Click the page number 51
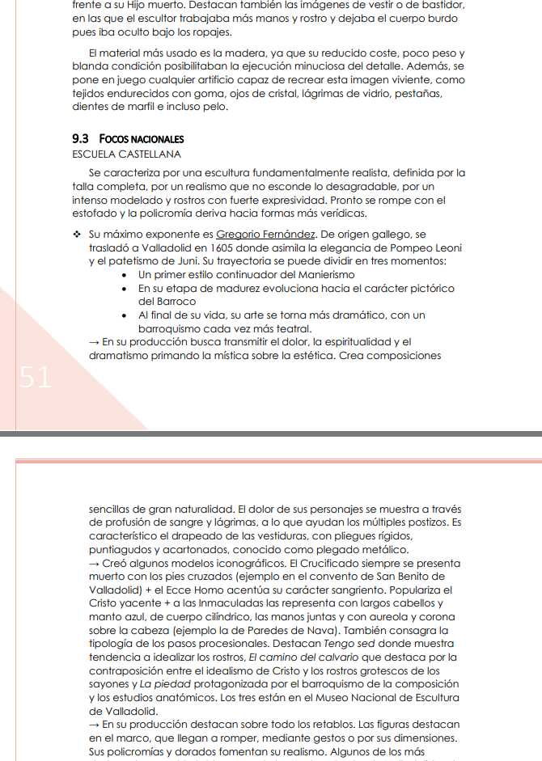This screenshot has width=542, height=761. click(x=35, y=378)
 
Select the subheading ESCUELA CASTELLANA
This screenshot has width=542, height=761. click(x=126, y=154)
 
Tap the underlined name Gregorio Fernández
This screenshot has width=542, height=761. click(x=266, y=235)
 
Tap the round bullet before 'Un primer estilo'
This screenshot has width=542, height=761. click(x=123, y=276)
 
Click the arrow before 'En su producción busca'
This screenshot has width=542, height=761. click(x=95, y=342)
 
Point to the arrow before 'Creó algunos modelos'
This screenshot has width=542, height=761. click(x=95, y=563)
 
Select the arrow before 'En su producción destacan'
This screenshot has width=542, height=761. click(x=95, y=725)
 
